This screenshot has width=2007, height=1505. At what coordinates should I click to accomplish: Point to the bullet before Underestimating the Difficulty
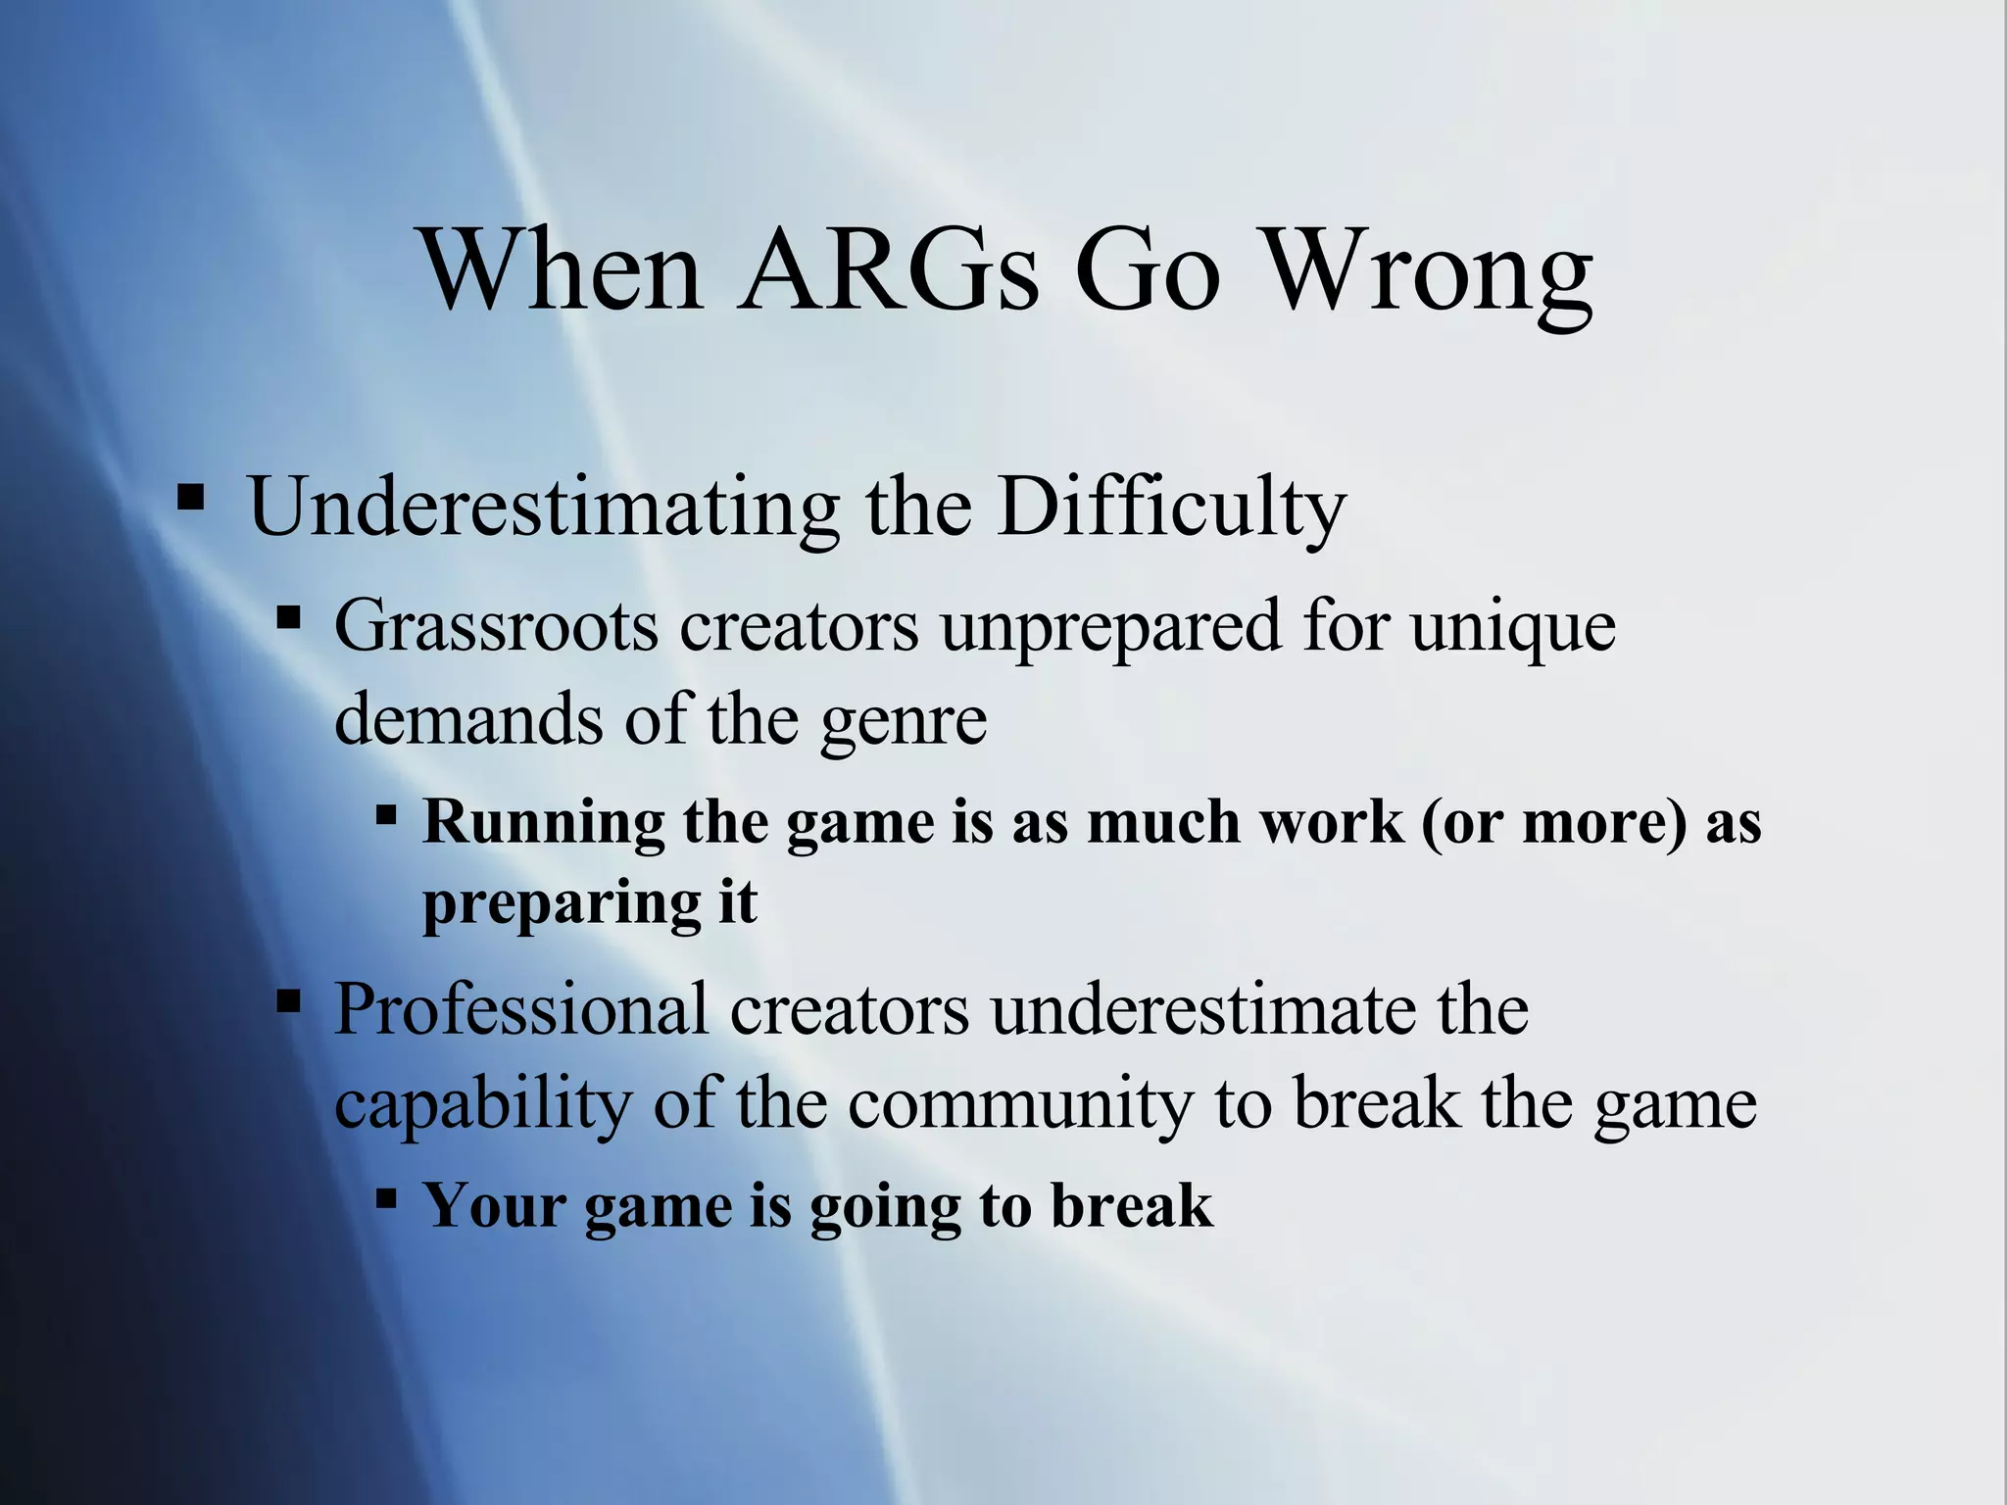pyautogui.click(x=190, y=499)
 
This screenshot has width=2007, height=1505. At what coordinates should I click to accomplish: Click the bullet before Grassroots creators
pyautogui.click(x=288, y=618)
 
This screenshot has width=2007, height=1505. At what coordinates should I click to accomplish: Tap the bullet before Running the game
pyautogui.click(x=385, y=814)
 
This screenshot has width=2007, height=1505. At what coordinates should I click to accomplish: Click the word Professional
pyautogui.click(x=520, y=1008)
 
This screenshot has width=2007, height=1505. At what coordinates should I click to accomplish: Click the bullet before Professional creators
pyautogui.click(x=288, y=1002)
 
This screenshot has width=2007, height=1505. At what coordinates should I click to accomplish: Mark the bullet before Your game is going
pyautogui.click(x=385, y=1197)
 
